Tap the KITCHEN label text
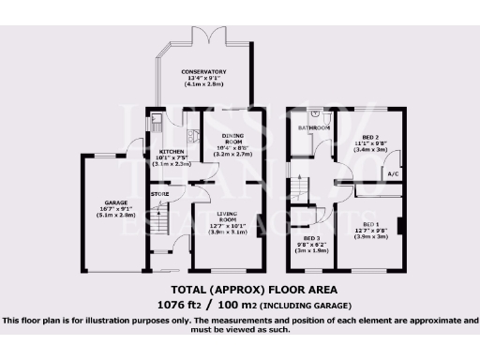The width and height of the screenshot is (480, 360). click(x=172, y=150)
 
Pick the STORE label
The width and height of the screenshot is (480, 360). click(x=160, y=194)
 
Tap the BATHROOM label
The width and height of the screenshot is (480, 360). click(x=310, y=127)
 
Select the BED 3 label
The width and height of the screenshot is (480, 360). click(x=311, y=238)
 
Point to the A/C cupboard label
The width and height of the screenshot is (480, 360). click(x=393, y=173)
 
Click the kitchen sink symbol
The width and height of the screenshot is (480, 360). click(x=155, y=122)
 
